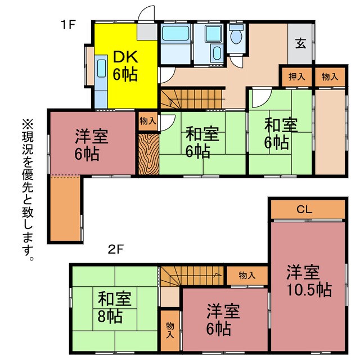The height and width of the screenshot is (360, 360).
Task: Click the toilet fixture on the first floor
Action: (x=237, y=37)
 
